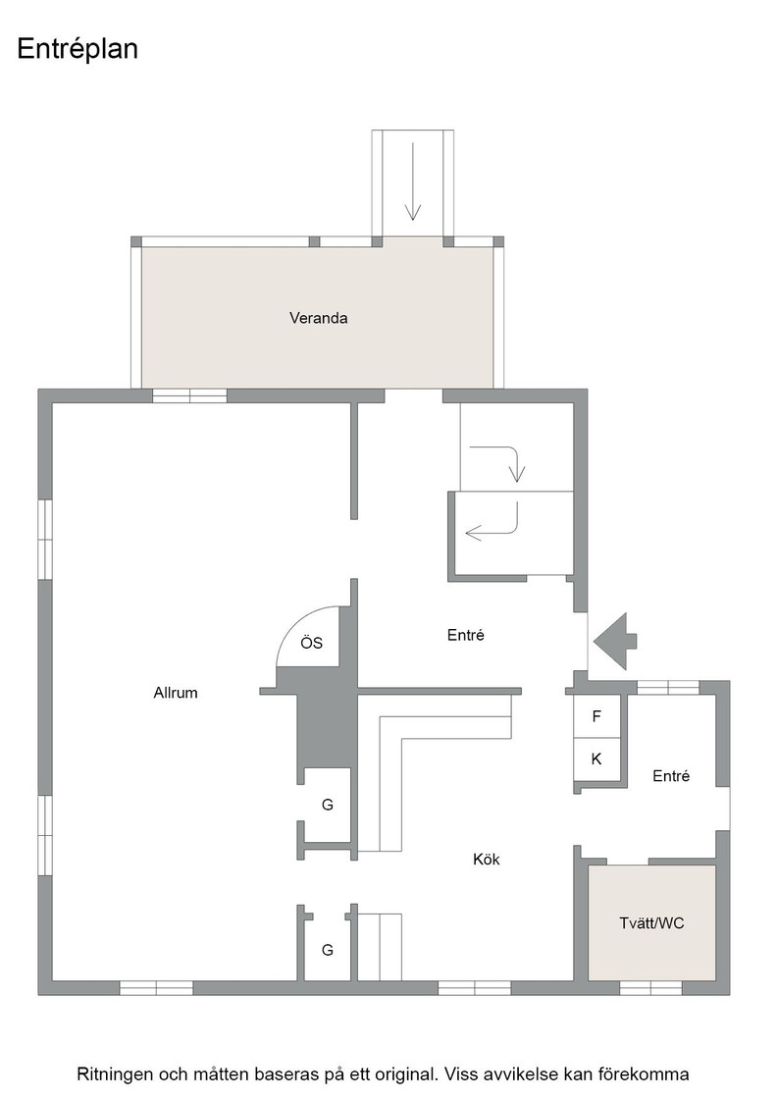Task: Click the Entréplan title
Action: click(78, 49)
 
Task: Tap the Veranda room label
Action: click(319, 318)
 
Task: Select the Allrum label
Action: click(176, 693)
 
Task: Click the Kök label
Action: click(487, 860)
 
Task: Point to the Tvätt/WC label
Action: click(651, 923)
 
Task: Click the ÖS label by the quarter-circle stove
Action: click(312, 642)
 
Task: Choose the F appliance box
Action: click(596, 716)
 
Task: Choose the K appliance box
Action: click(596, 759)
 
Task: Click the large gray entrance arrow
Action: click(614, 642)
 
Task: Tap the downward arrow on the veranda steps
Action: click(413, 182)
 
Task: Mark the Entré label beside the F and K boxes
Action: click(671, 776)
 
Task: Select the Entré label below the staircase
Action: click(466, 635)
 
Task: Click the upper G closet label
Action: click(328, 805)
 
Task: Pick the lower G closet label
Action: click(328, 950)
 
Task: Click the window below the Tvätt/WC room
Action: click(650, 988)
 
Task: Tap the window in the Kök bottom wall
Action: click(474, 988)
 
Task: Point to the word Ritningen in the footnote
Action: click(115, 1073)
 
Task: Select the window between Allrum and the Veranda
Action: click(190, 396)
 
